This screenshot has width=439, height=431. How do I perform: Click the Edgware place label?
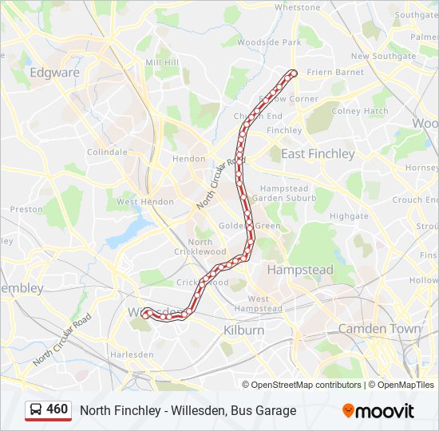pyautogui.click(x=54, y=73)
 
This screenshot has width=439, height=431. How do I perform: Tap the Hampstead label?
pyautogui.click(x=300, y=270)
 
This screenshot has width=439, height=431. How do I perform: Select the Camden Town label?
pyautogui.click(x=379, y=328)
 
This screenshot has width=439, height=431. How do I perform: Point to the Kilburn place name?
pyautogui.click(x=243, y=330)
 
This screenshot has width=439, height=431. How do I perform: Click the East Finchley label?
pyautogui.click(x=318, y=153)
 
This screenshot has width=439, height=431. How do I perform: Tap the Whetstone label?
pyautogui.click(x=297, y=7)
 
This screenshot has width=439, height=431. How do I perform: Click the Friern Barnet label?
pyautogui.click(x=335, y=72)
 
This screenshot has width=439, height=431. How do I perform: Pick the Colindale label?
pyautogui.click(x=107, y=152)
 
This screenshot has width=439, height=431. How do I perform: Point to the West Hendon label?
pyautogui.click(x=144, y=202)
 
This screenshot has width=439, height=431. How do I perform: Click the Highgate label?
pyautogui.click(x=349, y=215)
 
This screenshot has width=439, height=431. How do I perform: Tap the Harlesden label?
pyautogui.click(x=132, y=354)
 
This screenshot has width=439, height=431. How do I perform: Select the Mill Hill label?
pyautogui.click(x=162, y=62)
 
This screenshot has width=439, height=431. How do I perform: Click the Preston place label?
pyautogui.click(x=26, y=209)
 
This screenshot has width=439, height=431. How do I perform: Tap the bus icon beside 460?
pyautogui.click(x=36, y=410)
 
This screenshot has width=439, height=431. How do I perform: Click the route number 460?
pyautogui.click(x=57, y=409)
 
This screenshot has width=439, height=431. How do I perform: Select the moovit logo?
pyautogui.click(x=378, y=410)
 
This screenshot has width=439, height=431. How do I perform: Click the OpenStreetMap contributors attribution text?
pyautogui.click(x=307, y=385)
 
